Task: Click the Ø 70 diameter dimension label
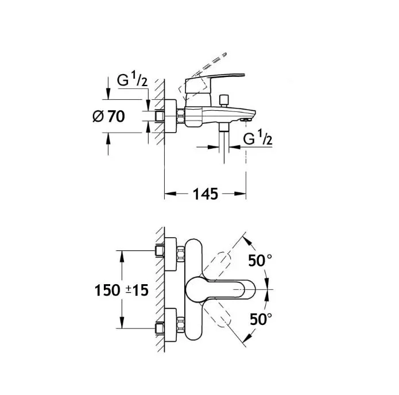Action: click(x=109, y=117)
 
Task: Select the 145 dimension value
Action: click(x=206, y=194)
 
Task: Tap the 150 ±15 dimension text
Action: click(x=121, y=290)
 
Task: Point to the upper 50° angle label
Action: click(x=260, y=260)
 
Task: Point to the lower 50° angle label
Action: click(x=261, y=319)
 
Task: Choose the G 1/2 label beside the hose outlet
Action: click(x=258, y=137)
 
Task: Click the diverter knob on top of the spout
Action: click(x=224, y=100)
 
